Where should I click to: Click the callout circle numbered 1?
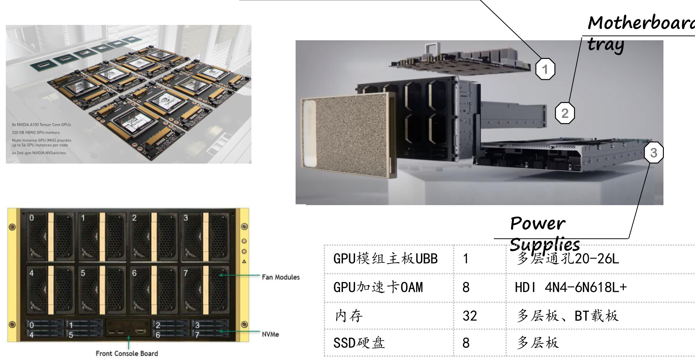[x=545, y=69]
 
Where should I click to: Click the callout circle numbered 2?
[x=565, y=113]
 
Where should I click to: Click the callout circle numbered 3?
[x=653, y=153]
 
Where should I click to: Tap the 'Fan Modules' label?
[x=281, y=277]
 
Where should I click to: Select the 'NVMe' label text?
[x=270, y=334]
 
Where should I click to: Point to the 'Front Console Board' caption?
[x=127, y=353]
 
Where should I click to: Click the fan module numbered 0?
[x=51, y=237]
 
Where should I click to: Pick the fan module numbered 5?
[x=103, y=290]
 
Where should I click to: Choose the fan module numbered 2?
[x=154, y=237]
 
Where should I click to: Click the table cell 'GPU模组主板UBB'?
[x=385, y=259]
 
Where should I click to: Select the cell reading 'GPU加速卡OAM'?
[x=378, y=287]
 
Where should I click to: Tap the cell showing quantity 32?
[x=470, y=316]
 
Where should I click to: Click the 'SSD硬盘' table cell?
[x=359, y=343]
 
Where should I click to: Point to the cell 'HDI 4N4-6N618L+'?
[x=570, y=287]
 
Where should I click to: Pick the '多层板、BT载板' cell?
[x=567, y=316]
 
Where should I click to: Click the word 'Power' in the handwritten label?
[x=537, y=224]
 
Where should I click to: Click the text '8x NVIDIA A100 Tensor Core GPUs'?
[x=42, y=125]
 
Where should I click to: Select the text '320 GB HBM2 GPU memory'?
[x=36, y=132]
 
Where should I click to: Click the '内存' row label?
[x=349, y=316]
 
